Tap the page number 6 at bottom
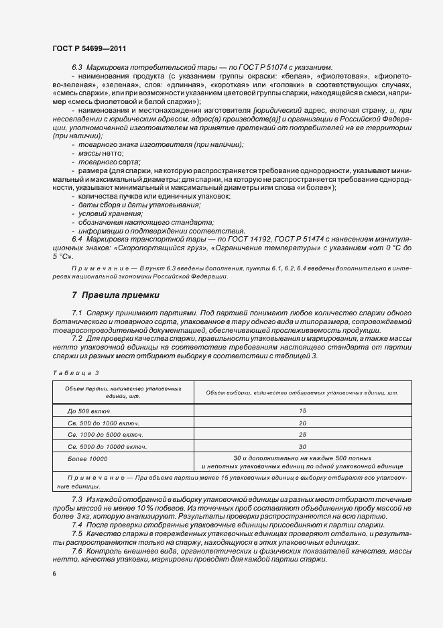pyautogui.click(x=54, y=573)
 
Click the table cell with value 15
pyautogui.click(x=302, y=410)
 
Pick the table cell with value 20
pyautogui.click(x=302, y=423)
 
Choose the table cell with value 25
pyautogui.click(x=302, y=434)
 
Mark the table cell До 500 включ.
pyautogui.click(x=89, y=410)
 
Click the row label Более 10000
pyautogui.click(x=87, y=458)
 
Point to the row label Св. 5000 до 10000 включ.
pyautogui.click(x=107, y=446)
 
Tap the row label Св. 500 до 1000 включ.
pyautogui.click(x=103, y=423)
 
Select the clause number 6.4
pyautogui.click(x=76, y=239)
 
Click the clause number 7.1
pyautogui.click(x=76, y=313)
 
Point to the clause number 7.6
pyautogui.click(x=76, y=551)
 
